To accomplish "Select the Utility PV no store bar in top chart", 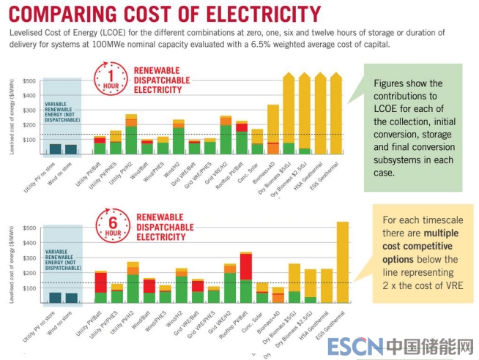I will [55, 149].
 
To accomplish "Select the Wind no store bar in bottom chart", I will [71, 297].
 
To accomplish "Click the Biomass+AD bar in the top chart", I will [272, 130].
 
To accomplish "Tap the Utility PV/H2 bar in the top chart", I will [131, 135].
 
